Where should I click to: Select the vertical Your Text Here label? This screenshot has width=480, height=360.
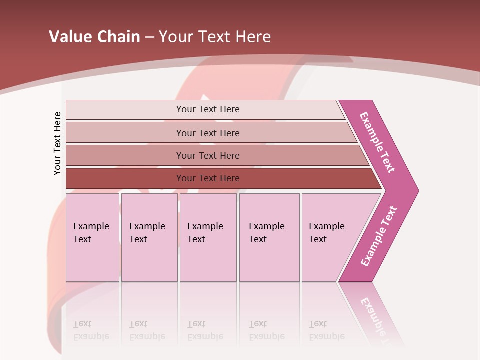(57, 143)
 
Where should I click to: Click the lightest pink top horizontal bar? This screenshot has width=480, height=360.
(208, 109)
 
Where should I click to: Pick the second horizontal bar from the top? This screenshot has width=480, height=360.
(208, 133)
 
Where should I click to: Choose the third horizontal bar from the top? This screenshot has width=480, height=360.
(208, 155)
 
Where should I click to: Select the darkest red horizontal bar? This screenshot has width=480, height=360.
(208, 178)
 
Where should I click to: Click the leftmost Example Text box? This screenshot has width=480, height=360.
(92, 237)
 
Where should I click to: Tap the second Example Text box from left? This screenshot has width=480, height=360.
(149, 237)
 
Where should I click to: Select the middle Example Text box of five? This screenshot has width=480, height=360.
(208, 237)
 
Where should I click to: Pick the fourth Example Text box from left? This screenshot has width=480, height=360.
(269, 237)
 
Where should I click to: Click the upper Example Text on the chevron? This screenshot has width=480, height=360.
(377, 142)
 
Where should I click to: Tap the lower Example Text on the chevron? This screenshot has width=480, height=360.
(378, 236)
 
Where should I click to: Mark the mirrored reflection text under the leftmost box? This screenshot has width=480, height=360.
(91, 331)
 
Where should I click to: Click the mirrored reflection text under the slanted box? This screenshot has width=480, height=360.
(326, 331)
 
